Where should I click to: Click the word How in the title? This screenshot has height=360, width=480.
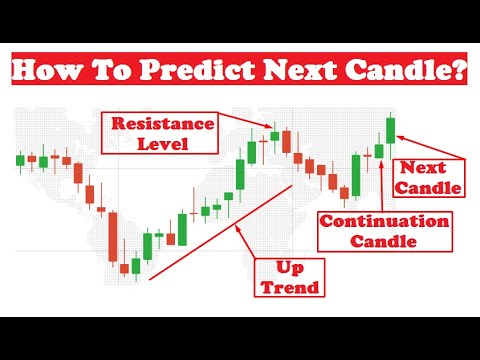coord(46,71)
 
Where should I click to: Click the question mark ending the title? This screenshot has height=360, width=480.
coord(458,71)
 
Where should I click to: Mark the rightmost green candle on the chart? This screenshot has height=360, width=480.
coord(390,129)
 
